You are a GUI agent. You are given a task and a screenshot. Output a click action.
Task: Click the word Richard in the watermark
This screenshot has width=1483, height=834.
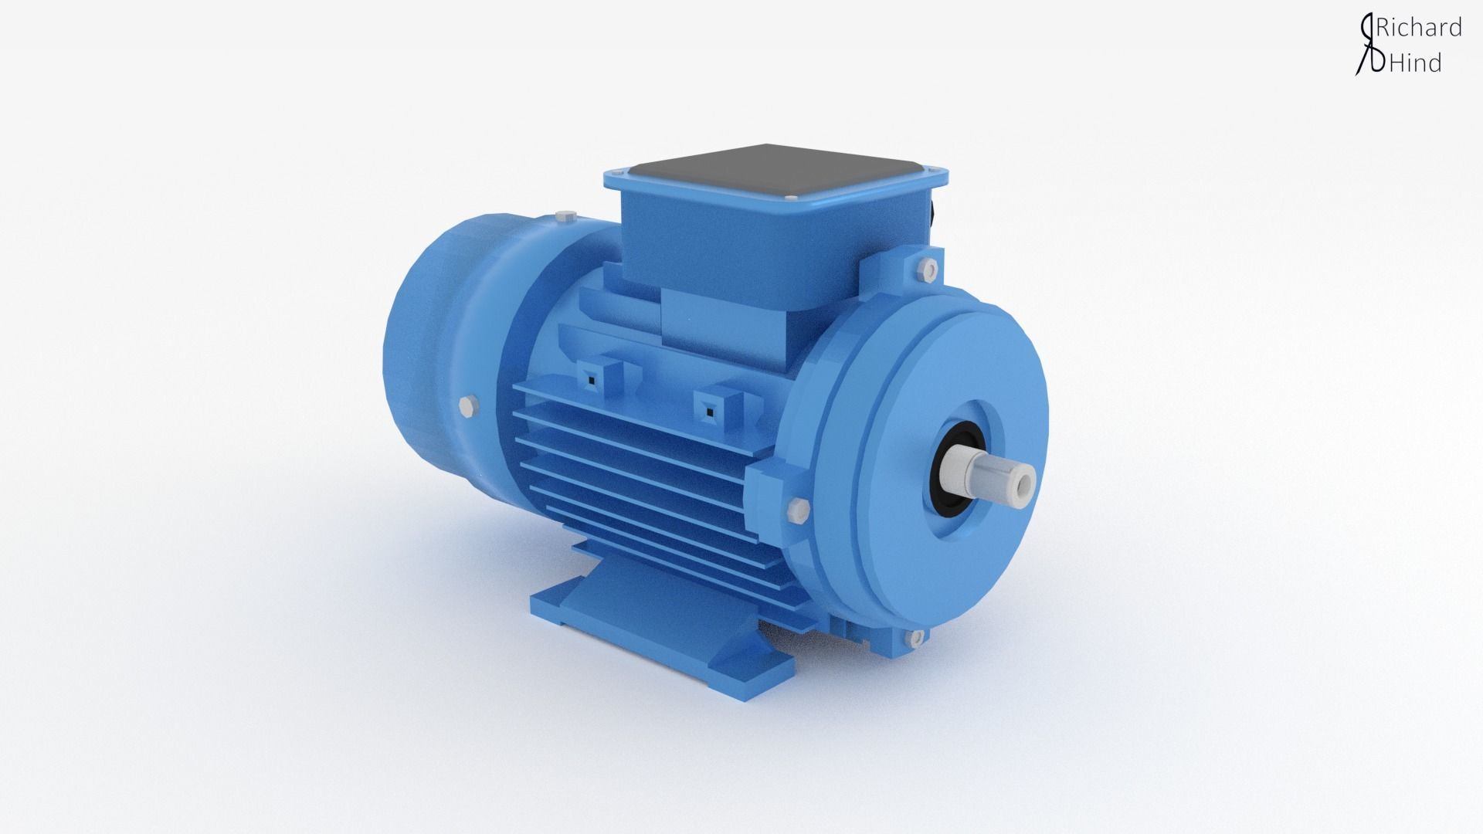pos(1420,28)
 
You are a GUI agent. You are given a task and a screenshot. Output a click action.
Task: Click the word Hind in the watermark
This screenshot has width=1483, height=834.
pos(1416,63)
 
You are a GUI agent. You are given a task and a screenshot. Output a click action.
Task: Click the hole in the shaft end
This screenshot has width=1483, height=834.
pos(1025,484)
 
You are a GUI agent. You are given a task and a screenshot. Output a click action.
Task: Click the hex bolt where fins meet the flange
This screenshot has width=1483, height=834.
pos(798,508)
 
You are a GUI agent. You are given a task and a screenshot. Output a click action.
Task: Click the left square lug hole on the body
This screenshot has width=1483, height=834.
pos(590,378)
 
